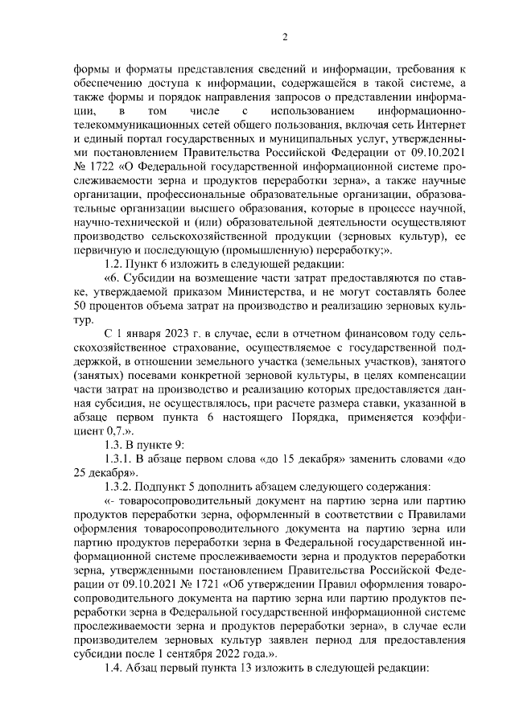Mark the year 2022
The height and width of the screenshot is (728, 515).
pyautogui.click(x=234, y=656)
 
